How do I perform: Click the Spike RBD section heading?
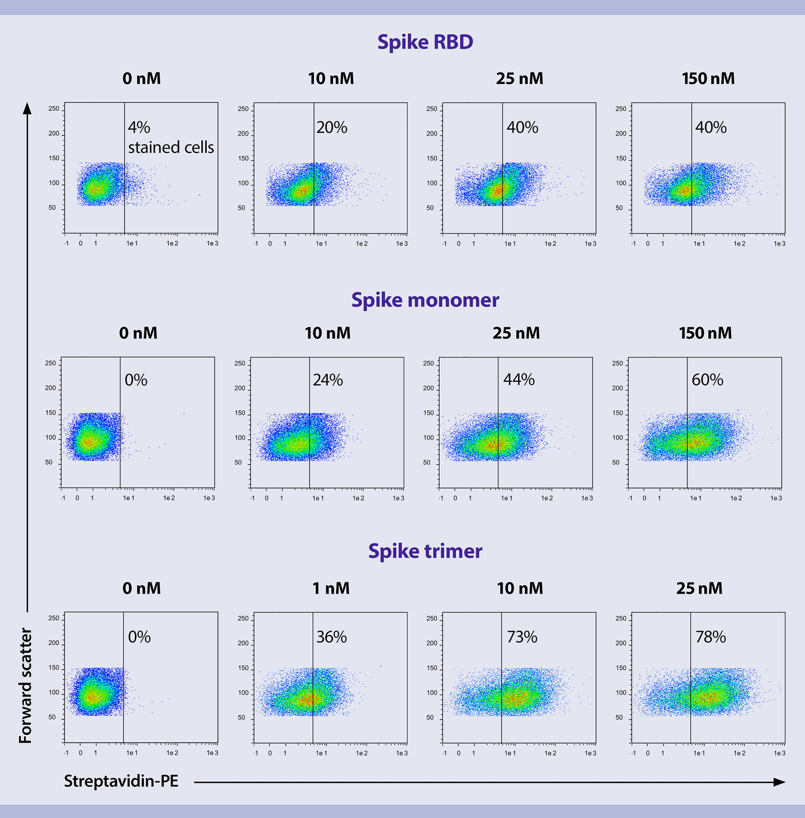click(x=425, y=42)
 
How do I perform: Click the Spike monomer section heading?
click(x=425, y=300)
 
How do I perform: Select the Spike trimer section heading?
click(x=425, y=551)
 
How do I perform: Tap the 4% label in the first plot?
click(x=139, y=127)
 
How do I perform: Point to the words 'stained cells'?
click(x=171, y=147)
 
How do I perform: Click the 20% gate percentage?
click(x=332, y=127)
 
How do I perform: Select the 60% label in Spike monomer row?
click(x=707, y=380)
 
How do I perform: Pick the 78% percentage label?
click(x=710, y=637)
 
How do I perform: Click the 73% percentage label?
click(x=522, y=637)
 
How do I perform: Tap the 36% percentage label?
click(x=332, y=637)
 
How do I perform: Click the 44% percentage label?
click(x=519, y=380)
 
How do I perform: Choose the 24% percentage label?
click(x=328, y=380)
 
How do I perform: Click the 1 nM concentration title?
click(x=331, y=588)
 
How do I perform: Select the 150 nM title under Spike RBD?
click(x=708, y=78)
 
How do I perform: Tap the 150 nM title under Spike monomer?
click(x=705, y=333)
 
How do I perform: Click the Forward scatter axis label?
click(x=26, y=686)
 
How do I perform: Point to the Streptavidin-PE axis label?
click(x=121, y=781)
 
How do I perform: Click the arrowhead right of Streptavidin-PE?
click(x=779, y=782)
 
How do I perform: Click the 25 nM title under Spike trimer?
click(x=699, y=588)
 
